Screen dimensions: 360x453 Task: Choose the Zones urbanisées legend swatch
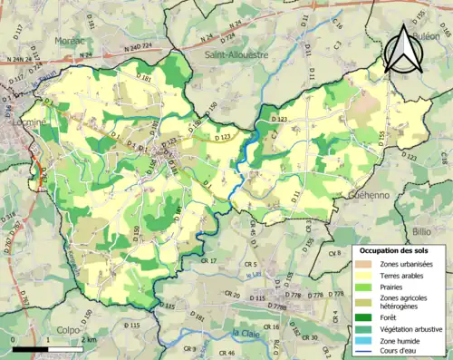pos(365,264)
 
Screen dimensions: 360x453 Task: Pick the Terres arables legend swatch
pos(365,276)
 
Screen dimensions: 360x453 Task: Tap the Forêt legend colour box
pos(365,317)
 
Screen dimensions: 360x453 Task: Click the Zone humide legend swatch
pos(365,341)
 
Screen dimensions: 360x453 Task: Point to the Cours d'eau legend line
pos(365,352)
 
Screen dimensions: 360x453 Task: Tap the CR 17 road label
pos(208,261)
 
